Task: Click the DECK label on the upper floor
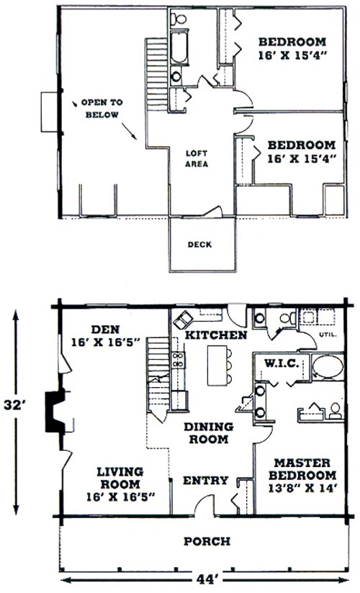[199, 245]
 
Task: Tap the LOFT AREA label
[197, 159]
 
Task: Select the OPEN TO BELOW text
[102, 109]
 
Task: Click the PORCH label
[207, 541]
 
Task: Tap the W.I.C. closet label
[282, 364]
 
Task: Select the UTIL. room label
[328, 335]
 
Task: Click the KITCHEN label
[216, 335]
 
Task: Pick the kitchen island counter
[217, 365]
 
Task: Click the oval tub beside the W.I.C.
[328, 366]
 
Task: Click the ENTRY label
[205, 480]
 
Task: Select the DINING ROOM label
[209, 433]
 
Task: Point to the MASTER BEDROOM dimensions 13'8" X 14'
[302, 488]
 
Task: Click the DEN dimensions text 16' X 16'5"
[106, 342]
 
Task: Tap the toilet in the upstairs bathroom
[178, 18]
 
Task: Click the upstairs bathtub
[179, 47]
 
